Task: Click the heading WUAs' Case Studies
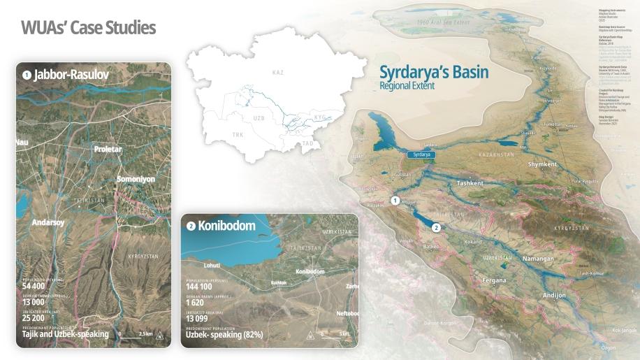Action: [88, 28]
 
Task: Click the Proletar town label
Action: [108, 149]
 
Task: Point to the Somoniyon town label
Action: [136, 179]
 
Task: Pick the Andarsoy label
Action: [48, 222]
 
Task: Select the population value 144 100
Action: [199, 287]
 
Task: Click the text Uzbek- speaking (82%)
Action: [224, 335]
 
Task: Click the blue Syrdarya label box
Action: [421, 154]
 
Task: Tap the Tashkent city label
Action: [470, 183]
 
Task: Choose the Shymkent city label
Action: [543, 164]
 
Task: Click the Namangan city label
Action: [538, 259]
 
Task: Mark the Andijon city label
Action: [555, 295]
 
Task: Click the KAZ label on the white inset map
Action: [278, 73]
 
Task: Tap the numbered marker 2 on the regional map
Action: [436, 227]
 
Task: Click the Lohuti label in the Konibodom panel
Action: [211, 265]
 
